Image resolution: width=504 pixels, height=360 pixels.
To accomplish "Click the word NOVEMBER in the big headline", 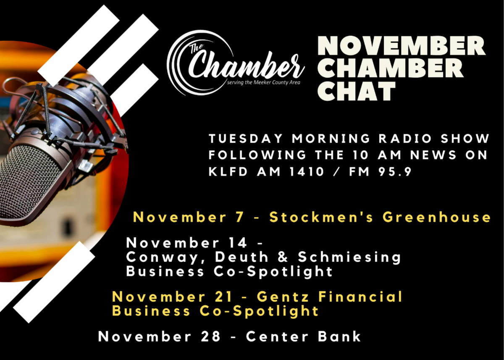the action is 402,46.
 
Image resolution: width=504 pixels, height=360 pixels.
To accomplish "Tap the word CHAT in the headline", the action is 357,91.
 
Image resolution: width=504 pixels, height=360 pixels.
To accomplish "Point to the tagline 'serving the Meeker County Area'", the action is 264,83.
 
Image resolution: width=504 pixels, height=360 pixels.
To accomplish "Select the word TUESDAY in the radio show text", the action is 245,138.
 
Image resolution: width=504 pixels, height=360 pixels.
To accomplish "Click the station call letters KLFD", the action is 228,172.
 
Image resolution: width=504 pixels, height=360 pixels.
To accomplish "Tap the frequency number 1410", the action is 306,172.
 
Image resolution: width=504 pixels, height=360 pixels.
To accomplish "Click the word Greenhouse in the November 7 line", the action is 436,217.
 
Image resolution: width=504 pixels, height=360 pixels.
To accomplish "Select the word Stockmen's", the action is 321,217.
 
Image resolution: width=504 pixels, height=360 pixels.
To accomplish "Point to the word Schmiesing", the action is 349,258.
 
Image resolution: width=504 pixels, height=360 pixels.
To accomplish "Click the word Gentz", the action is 283,297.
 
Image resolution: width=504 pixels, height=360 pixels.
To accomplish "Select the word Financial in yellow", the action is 360,297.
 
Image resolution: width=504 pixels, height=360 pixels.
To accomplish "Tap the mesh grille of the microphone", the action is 29,182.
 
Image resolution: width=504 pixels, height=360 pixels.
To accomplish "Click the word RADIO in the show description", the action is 405,138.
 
